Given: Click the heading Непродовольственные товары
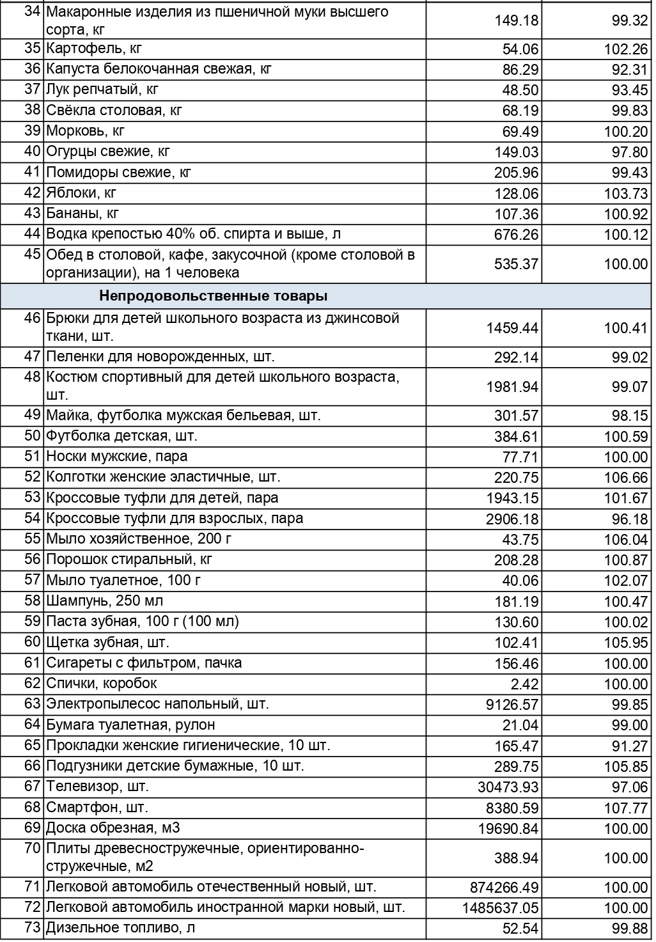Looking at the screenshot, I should click(214, 296).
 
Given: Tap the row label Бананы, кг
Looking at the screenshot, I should click(82, 214).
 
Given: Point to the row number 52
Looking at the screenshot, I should click(33, 477).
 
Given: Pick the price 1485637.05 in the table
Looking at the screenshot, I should click(501, 908).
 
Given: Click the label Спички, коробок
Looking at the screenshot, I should click(101, 684).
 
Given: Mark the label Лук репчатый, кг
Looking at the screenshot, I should click(102, 90).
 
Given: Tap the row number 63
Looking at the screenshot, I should click(33, 704).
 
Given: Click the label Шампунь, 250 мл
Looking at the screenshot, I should click(105, 601).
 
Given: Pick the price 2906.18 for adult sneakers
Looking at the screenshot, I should click(512, 519).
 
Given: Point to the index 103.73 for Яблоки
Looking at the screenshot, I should click(626, 194).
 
